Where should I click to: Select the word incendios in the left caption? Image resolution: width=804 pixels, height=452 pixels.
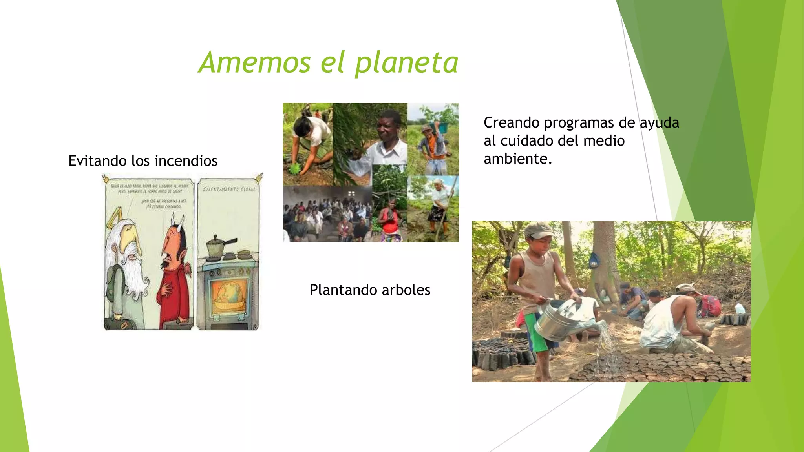click(186, 161)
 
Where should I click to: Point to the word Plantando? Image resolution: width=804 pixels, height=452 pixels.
click(343, 290)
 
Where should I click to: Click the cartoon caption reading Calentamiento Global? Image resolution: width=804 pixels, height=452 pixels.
click(229, 190)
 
